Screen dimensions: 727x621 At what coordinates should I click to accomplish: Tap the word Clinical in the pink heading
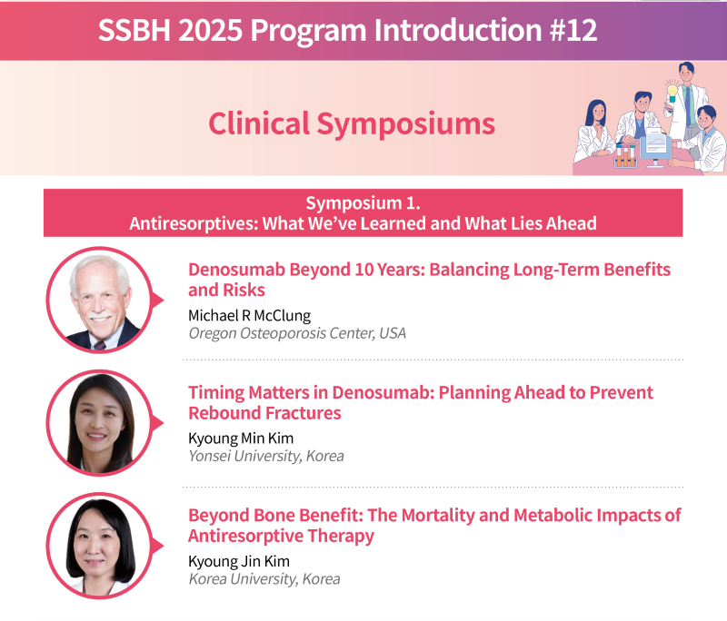[x=259, y=123]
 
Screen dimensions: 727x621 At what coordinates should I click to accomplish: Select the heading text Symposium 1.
[x=363, y=202]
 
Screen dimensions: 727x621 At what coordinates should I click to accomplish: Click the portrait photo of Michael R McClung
[x=100, y=301]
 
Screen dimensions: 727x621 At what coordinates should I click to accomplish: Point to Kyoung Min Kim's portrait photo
[x=100, y=423]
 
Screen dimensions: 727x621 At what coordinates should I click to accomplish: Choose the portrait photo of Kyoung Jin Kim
[x=100, y=546]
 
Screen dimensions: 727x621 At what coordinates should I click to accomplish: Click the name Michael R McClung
[x=249, y=315]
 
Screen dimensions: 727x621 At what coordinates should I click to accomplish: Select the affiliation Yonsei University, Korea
[x=266, y=456]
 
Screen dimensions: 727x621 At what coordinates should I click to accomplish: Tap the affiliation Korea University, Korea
[x=264, y=579]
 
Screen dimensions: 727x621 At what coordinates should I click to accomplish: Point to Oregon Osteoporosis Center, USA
[x=297, y=333]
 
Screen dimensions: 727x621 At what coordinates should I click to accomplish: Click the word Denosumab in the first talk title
[x=236, y=270]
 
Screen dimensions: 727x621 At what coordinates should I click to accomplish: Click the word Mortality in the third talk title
[x=436, y=516]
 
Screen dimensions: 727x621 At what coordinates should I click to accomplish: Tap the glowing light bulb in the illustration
[x=672, y=93]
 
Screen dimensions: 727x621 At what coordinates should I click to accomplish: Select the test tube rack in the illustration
[x=625, y=155]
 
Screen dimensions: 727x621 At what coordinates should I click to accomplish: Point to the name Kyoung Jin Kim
[x=239, y=561]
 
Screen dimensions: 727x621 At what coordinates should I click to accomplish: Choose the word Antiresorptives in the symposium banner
[x=194, y=223]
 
